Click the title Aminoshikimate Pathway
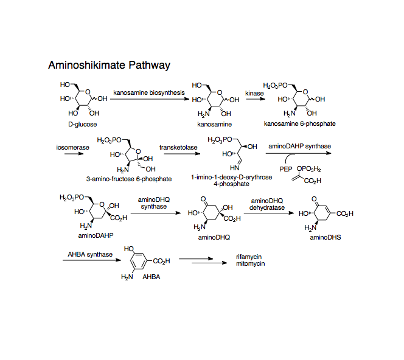pos(109,65)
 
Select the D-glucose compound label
pos(82,123)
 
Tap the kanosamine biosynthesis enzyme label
pos(148,92)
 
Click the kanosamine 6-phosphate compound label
pos(299,123)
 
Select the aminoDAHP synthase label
pos(299,147)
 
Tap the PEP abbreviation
pos(286,170)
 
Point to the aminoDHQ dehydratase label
pos(267,204)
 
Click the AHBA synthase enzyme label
pos(89,254)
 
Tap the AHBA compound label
pos(150,277)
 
